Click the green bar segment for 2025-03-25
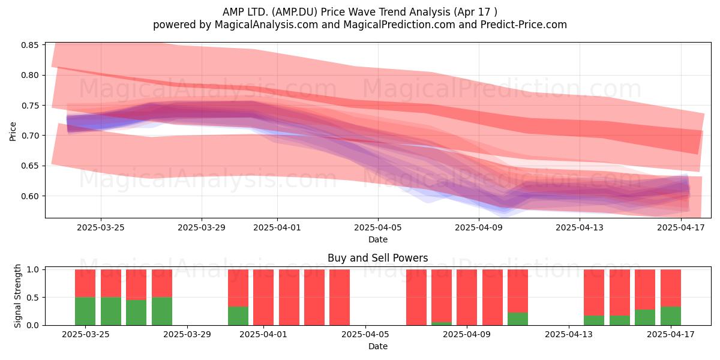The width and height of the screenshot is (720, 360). click(85, 311)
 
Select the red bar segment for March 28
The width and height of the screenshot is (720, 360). click(161, 283)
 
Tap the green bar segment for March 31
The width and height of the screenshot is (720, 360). click(238, 316)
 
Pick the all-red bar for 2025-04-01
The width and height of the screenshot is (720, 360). click(263, 298)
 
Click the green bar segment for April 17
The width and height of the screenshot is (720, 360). click(671, 316)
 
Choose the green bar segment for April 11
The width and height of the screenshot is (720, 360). click(517, 319)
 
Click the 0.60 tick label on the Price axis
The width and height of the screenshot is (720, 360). click(30, 196)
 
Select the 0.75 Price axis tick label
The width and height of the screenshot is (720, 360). click(30, 106)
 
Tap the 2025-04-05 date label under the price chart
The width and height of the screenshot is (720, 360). click(378, 227)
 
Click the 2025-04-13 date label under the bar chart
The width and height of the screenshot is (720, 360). click(569, 334)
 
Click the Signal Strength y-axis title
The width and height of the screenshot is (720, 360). click(17, 296)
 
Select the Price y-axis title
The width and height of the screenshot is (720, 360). click(13, 131)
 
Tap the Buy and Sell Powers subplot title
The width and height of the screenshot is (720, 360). click(377, 258)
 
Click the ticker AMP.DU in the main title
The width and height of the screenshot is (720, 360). click(295, 12)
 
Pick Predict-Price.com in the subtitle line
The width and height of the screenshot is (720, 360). click(524, 25)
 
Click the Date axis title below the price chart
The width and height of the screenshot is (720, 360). click(378, 239)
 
